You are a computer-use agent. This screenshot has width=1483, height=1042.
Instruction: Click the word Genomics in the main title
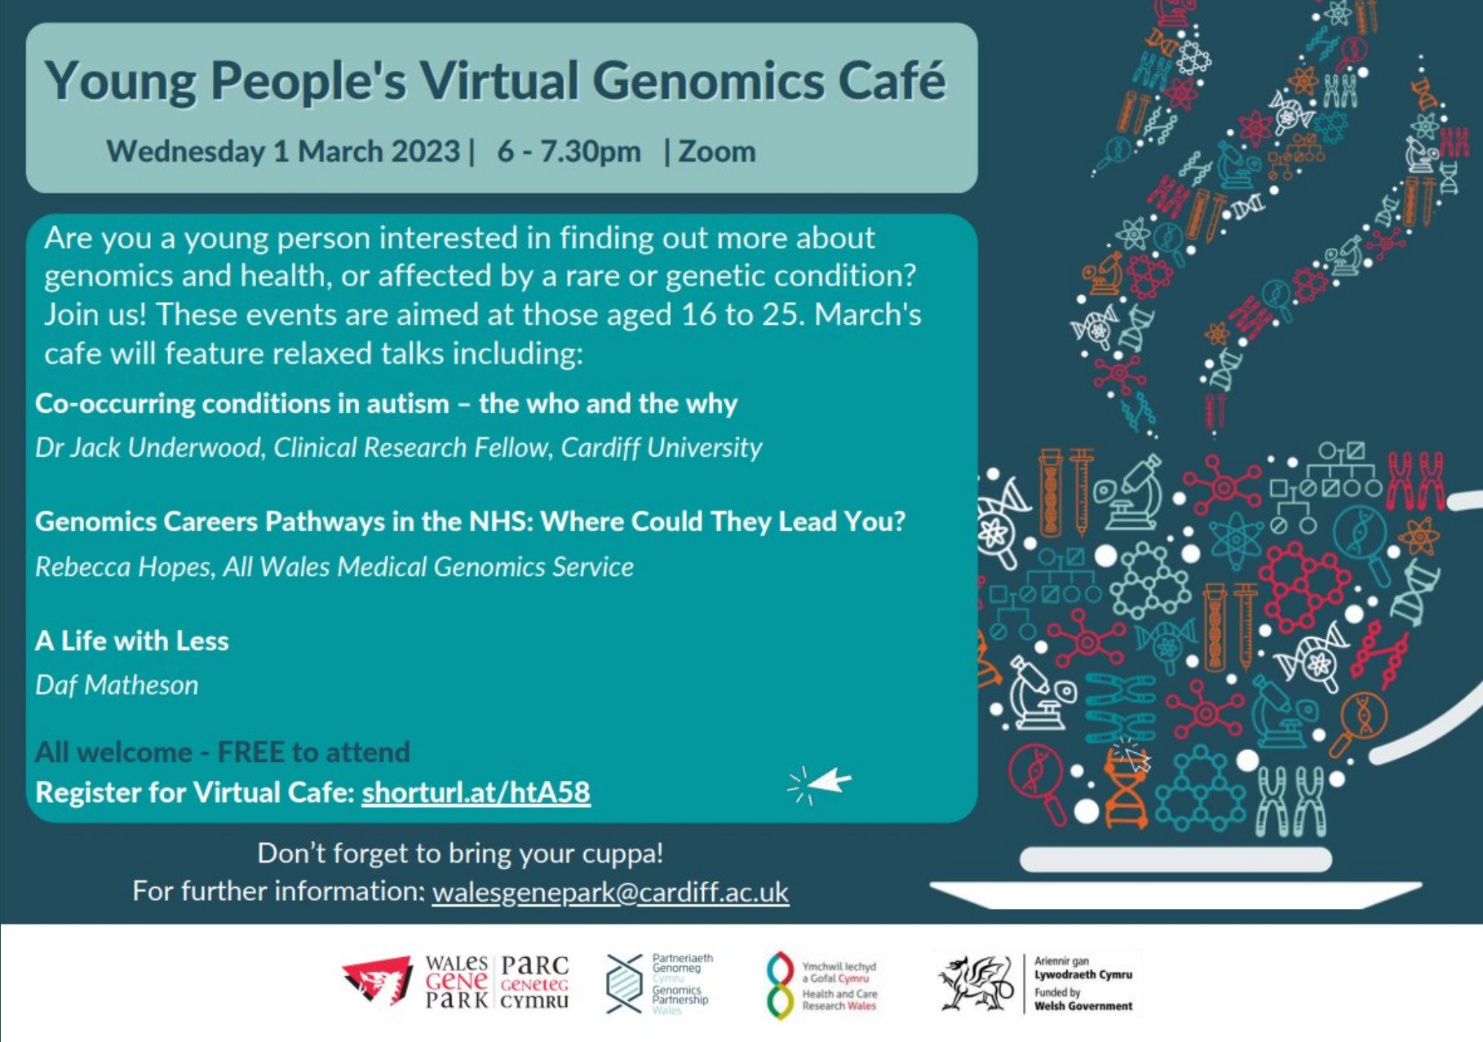coord(708,82)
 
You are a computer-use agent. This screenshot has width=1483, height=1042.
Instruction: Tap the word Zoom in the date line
coord(717,152)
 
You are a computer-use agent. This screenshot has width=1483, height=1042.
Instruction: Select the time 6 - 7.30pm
coord(569,152)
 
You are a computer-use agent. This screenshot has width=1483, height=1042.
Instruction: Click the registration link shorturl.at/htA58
coord(476,792)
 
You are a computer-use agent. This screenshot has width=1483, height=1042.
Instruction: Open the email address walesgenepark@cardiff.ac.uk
coord(610,892)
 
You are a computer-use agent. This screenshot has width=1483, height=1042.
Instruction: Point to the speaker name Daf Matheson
coord(117,685)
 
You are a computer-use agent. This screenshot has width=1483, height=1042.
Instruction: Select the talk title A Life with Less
coord(132,641)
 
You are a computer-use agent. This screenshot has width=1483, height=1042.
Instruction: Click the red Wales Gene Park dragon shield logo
coord(377,981)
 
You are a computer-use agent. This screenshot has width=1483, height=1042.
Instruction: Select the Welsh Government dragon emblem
coord(976,983)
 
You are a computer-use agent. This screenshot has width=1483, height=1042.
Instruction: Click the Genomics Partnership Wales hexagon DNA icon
coord(625,983)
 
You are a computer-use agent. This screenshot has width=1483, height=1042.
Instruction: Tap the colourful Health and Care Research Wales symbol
coord(781,985)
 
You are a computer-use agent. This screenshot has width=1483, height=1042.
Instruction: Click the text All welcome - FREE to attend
coord(222,752)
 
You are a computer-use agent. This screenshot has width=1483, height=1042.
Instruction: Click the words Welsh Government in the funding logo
coord(1083,1006)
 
